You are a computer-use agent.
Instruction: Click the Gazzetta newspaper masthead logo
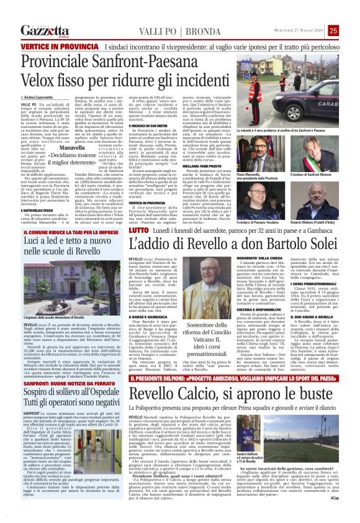click(45, 30)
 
